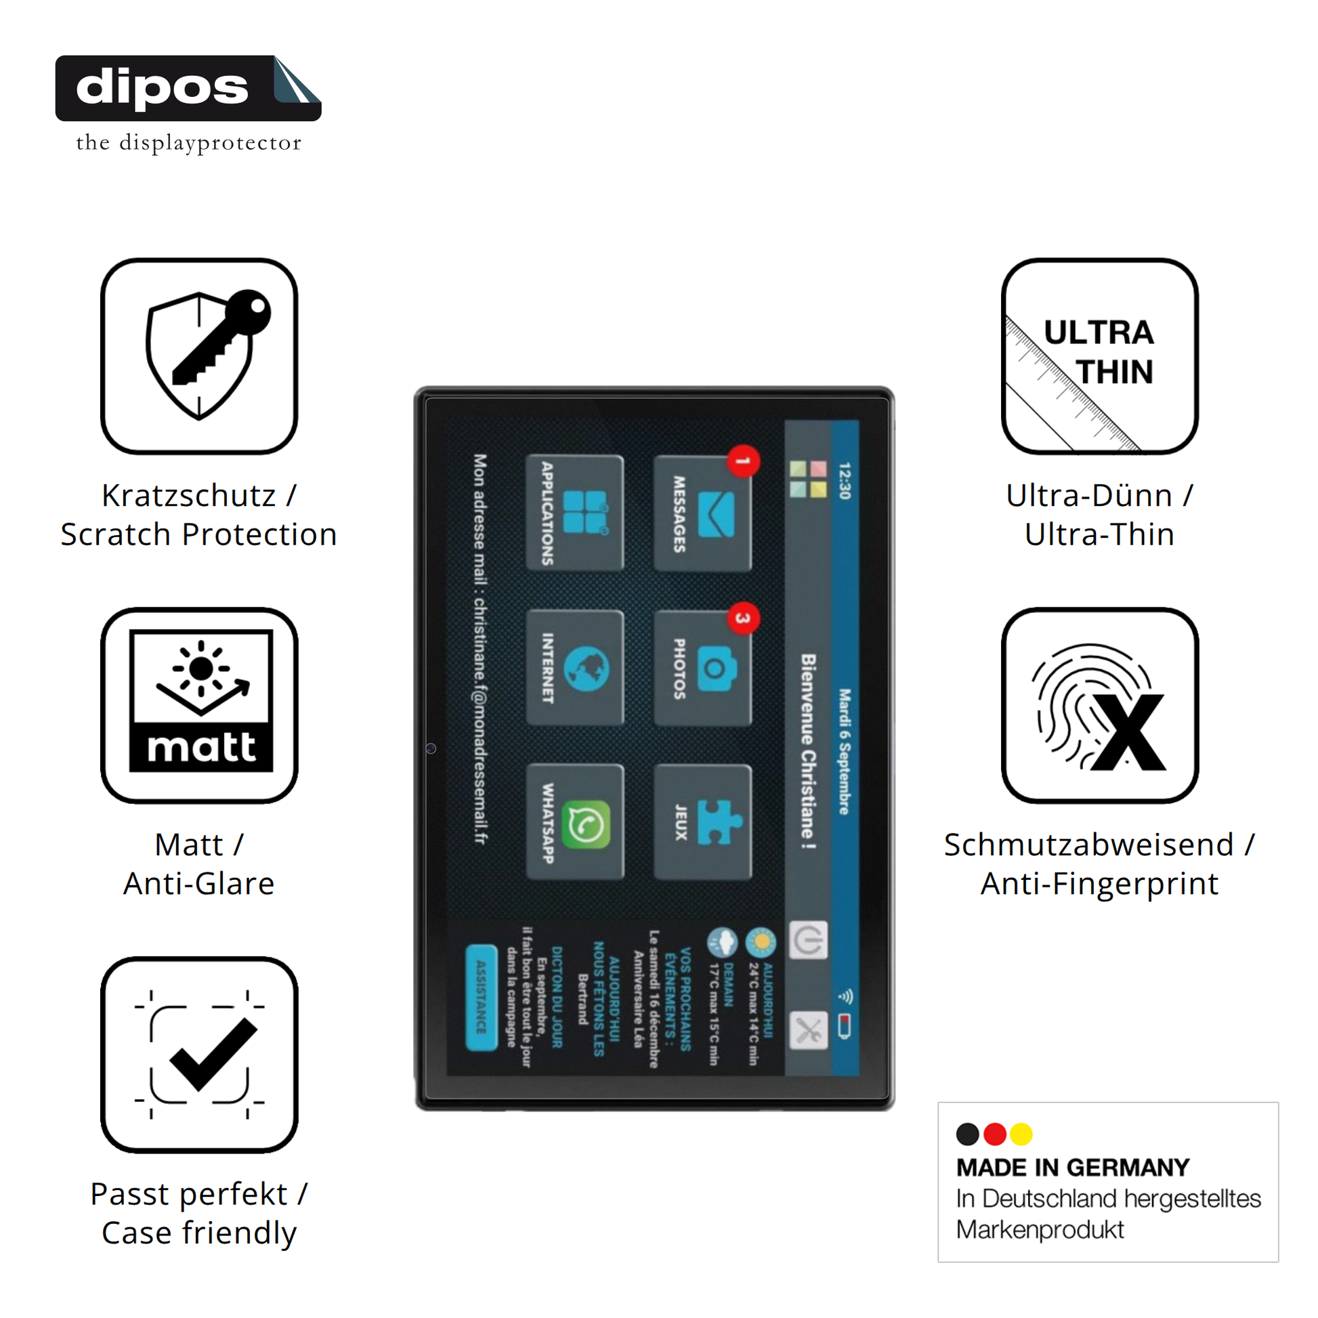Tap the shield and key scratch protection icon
199,356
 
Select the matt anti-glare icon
199,704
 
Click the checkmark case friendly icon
199,1055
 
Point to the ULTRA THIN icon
1099,356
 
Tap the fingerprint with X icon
1099,704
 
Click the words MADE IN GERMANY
1071,1167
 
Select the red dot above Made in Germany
995,1134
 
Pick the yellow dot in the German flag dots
1021,1134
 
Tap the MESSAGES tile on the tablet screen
702,513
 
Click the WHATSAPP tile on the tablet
574,822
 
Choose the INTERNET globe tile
574,667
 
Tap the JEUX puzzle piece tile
702,822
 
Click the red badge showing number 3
743,618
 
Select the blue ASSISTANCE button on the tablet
481,997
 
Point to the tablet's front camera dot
431,748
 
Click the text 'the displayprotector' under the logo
188,143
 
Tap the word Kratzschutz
188,495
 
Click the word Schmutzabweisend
1088,845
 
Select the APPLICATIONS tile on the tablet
574,513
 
